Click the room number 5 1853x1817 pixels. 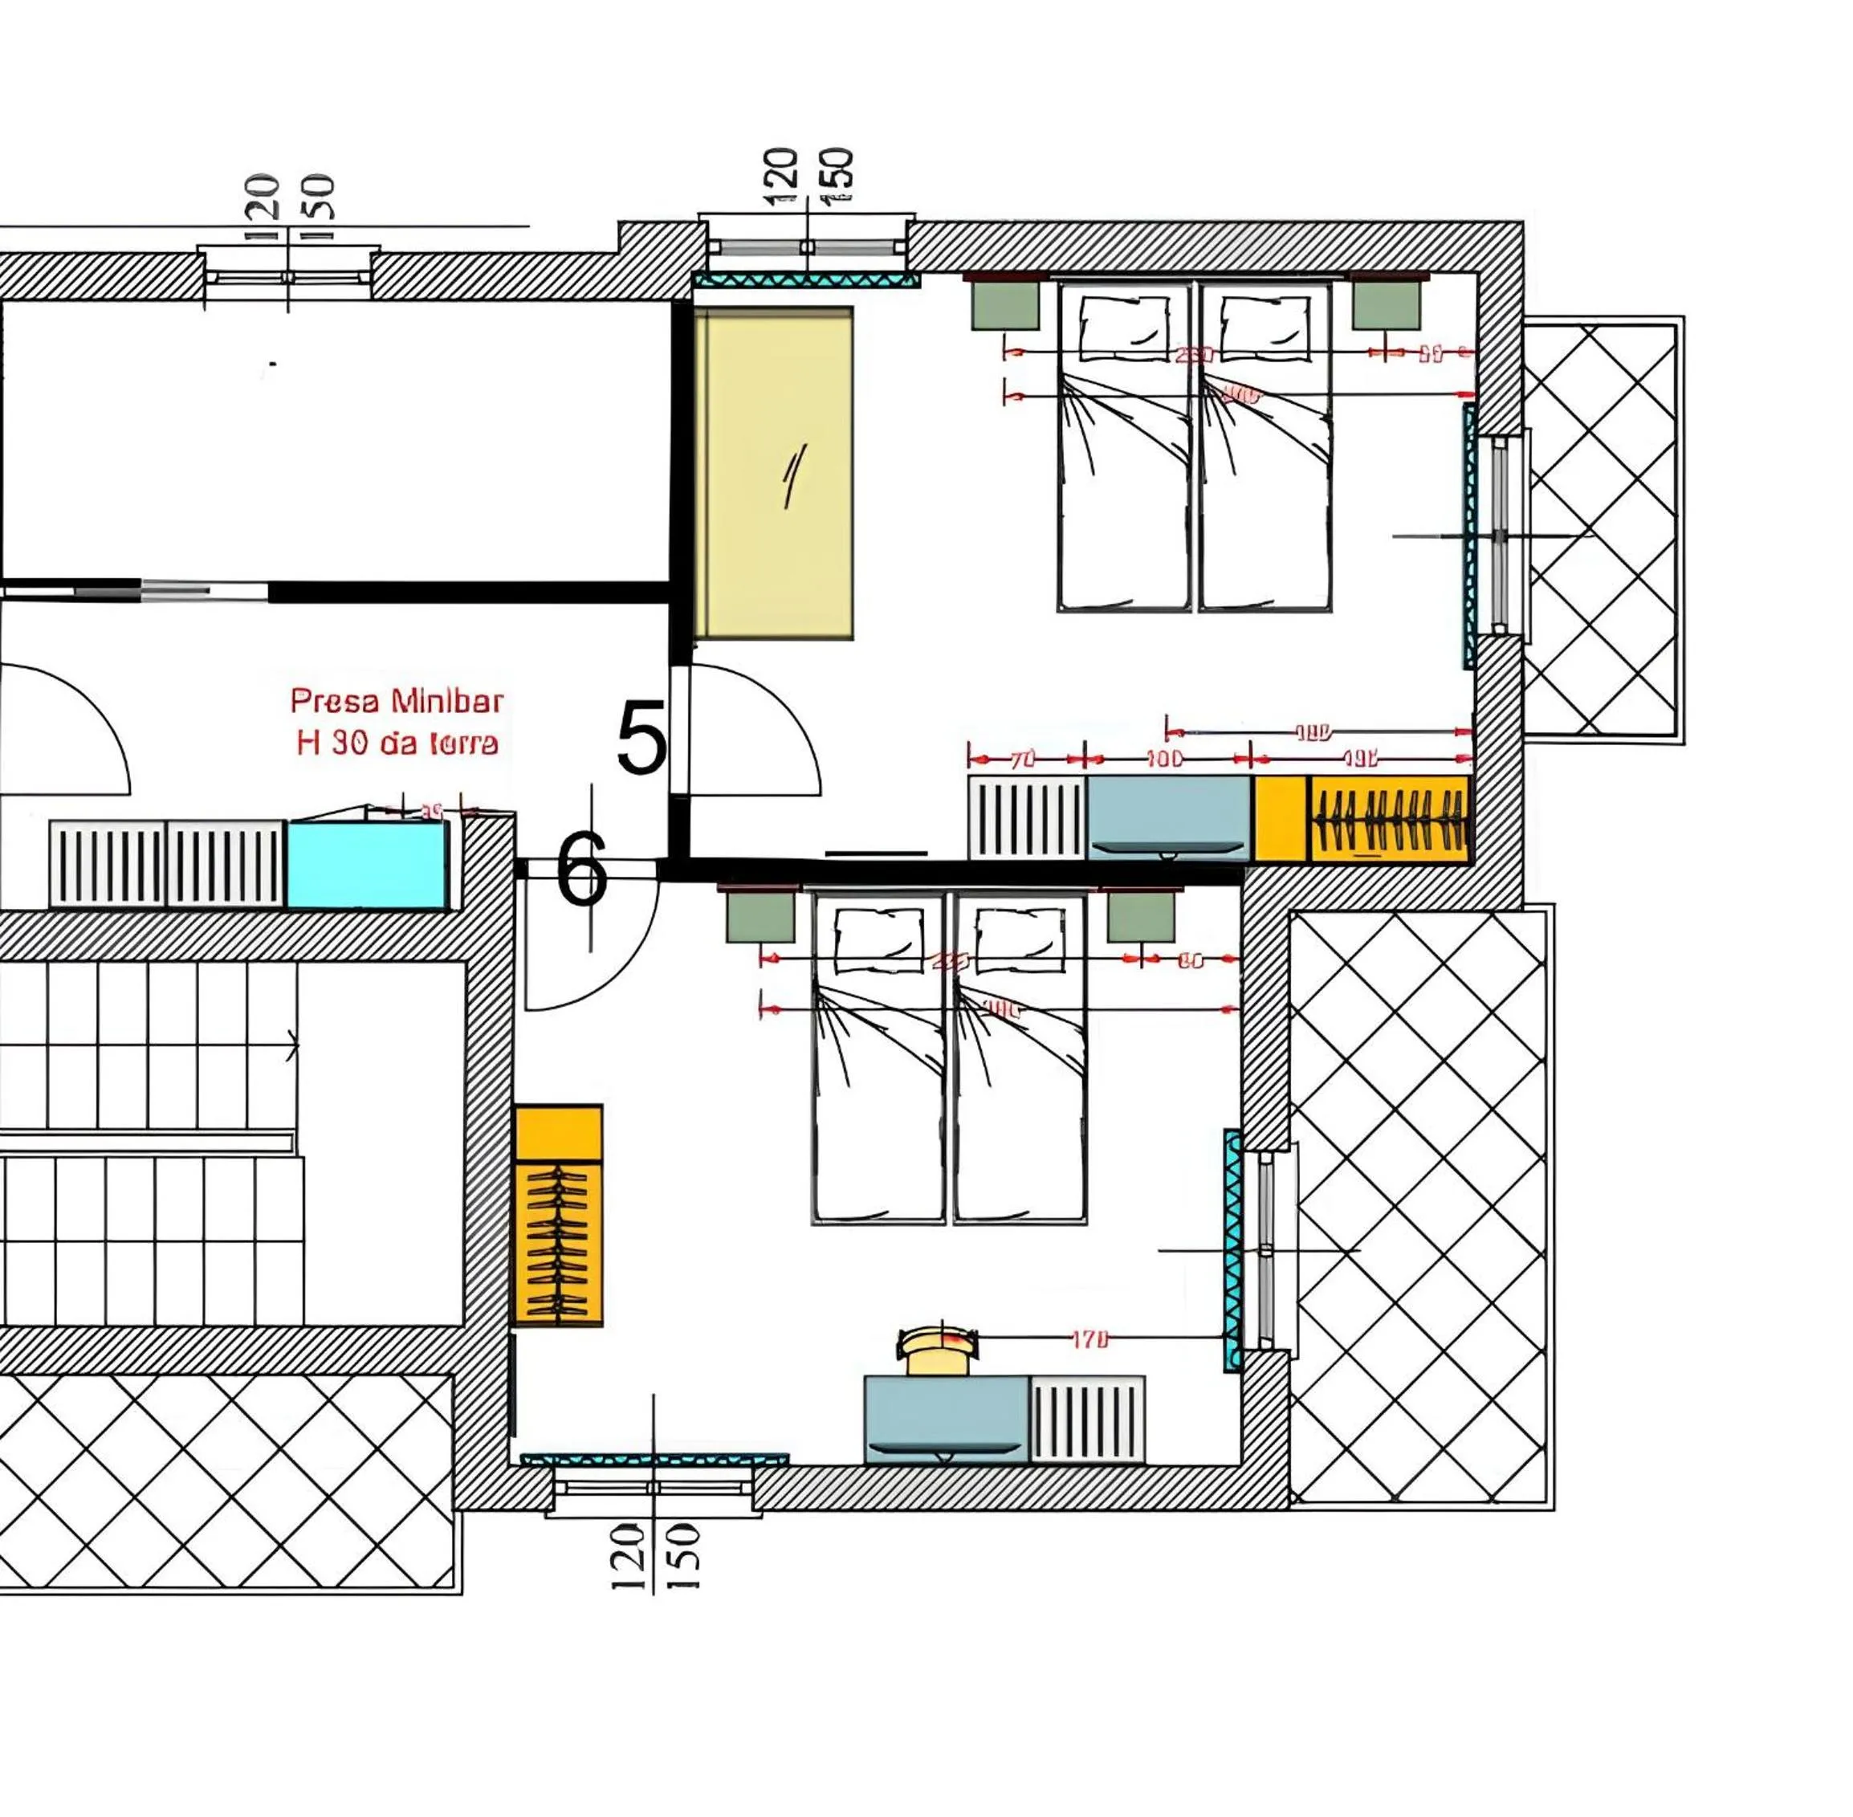(642, 738)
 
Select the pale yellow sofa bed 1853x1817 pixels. (773, 472)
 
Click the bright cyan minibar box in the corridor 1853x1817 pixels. (366, 864)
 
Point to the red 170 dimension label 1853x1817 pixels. (1089, 1340)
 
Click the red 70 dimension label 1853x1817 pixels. (1022, 760)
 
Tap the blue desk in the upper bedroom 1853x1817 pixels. (1168, 816)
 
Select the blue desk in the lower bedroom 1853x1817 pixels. (946, 1417)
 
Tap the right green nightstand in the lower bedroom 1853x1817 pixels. (1141, 917)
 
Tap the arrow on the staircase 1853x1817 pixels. (292, 1046)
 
